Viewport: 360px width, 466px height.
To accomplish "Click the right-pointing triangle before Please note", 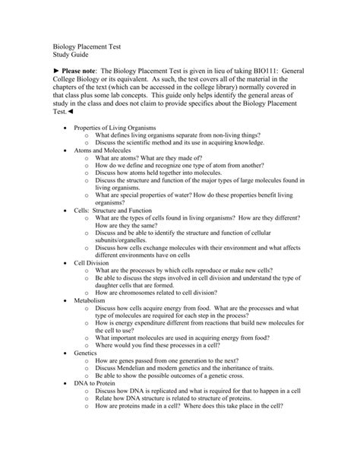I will (x=45, y=70).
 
